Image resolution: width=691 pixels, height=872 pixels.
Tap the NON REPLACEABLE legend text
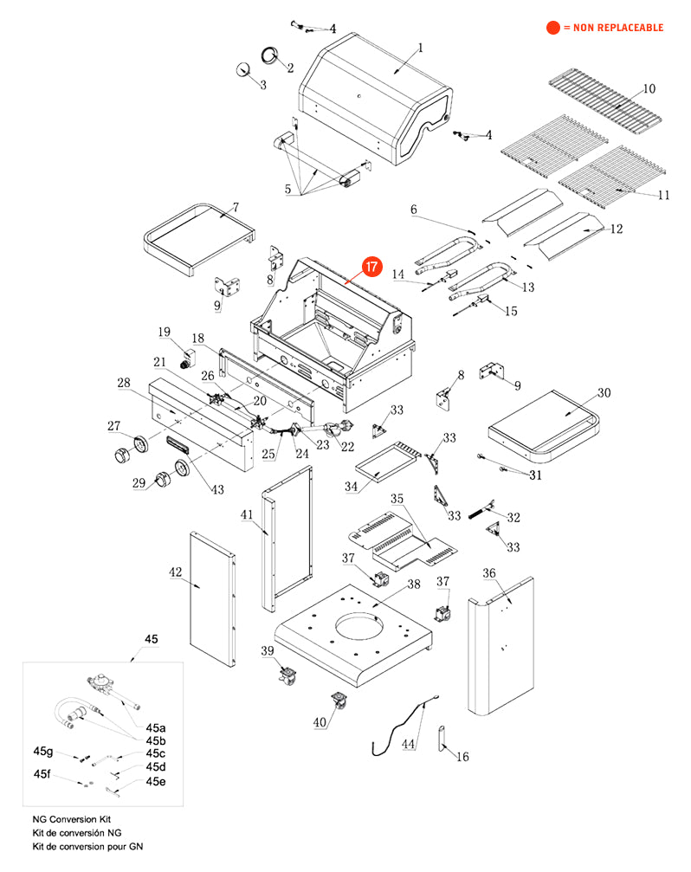coord(613,28)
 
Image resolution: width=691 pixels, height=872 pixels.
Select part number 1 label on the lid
coord(421,48)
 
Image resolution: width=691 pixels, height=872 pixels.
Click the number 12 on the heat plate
coord(617,229)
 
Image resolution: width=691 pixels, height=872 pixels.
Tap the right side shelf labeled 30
coord(544,424)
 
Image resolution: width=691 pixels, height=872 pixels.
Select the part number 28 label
coord(124,384)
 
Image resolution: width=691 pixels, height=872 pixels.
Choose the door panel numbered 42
coord(212,597)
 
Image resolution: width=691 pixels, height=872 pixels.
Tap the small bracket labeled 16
coord(443,737)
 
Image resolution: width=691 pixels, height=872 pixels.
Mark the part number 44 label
coord(408,744)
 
